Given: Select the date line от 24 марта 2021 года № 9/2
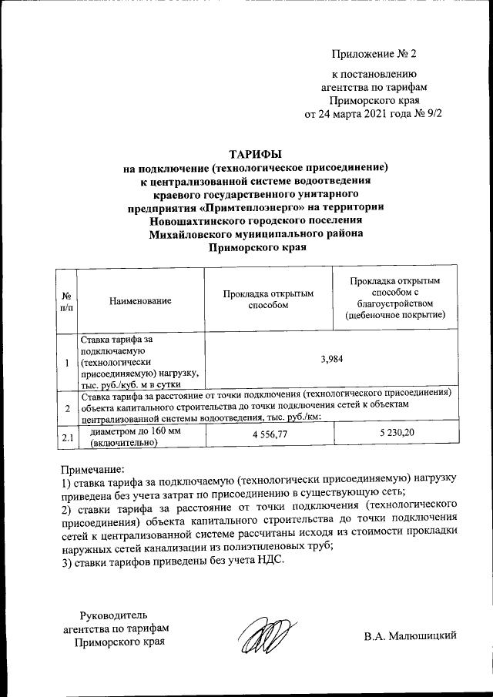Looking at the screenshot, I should [374, 114].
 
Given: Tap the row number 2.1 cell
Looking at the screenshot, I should [67, 438].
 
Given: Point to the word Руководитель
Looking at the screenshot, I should [112, 615].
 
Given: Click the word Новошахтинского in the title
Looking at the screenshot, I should [198, 220].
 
